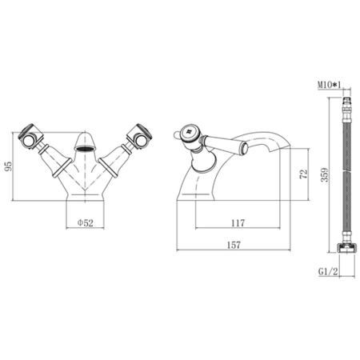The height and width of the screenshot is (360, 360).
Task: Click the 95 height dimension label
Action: click(9, 166)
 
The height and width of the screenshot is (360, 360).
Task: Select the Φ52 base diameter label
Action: click(86, 222)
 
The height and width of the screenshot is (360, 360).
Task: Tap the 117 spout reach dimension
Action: click(238, 222)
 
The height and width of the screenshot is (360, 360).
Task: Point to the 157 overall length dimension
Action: click(234, 245)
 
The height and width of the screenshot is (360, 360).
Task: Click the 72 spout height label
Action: click(304, 174)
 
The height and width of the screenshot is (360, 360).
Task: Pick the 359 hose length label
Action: click(325, 174)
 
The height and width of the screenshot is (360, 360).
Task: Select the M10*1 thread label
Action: click(329, 85)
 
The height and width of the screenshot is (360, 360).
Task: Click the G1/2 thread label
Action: click(328, 271)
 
